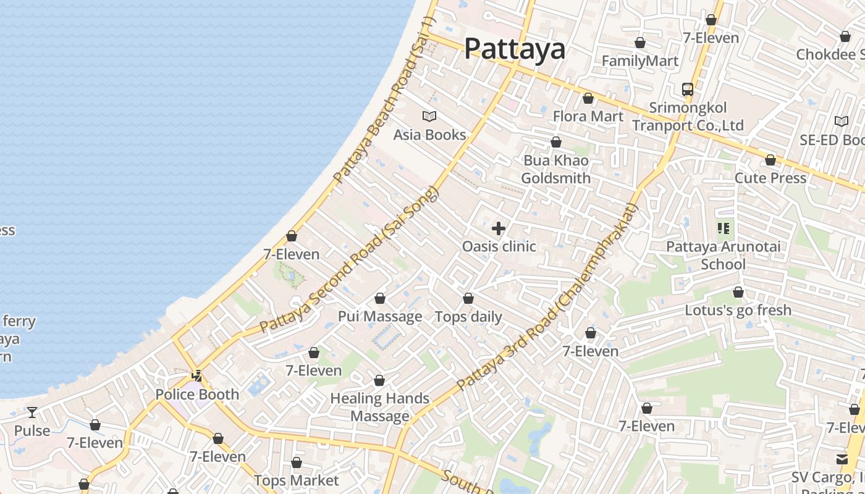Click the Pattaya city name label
pyautogui.click(x=514, y=48)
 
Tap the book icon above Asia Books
pyautogui.click(x=429, y=116)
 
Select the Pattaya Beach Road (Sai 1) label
pyautogui.click(x=384, y=100)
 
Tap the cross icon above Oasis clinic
pyautogui.click(x=499, y=229)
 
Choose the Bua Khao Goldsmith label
pyautogui.click(x=555, y=169)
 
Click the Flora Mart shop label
pyautogui.click(x=588, y=116)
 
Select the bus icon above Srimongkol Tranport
pyautogui.click(x=687, y=90)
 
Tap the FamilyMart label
pyautogui.click(x=639, y=61)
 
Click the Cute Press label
pyautogui.click(x=770, y=178)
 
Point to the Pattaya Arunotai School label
pyautogui.click(x=723, y=255)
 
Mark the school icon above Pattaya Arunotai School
pyautogui.click(x=724, y=229)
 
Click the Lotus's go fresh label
pyautogui.click(x=738, y=310)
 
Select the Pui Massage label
pyautogui.click(x=379, y=316)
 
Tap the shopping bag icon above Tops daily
pyautogui.click(x=468, y=299)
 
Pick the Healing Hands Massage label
pyautogui.click(x=379, y=407)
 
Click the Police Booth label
pyautogui.click(x=196, y=394)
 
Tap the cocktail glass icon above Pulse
pyautogui.click(x=32, y=412)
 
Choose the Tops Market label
pyautogui.click(x=296, y=480)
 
